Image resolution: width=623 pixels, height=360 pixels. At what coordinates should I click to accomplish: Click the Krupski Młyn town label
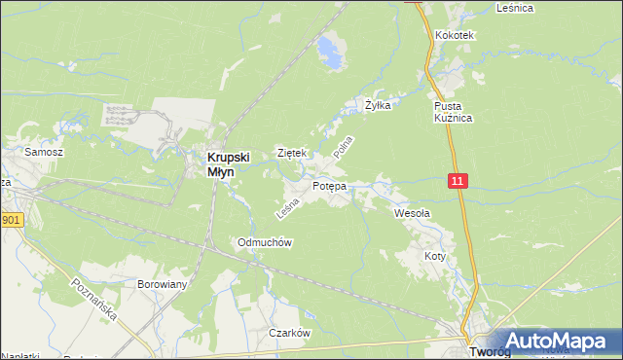[x=228, y=163]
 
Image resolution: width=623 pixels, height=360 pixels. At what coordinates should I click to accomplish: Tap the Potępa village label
[x=329, y=185]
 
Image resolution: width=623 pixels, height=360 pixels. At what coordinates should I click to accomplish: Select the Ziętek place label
[x=292, y=153]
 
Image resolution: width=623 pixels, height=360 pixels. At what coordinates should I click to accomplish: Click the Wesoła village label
[x=412, y=212]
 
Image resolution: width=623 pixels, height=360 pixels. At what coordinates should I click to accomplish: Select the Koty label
[x=434, y=256]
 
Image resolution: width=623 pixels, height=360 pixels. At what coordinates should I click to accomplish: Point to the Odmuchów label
[x=265, y=242]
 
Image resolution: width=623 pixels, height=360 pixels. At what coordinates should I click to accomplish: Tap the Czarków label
[x=289, y=332]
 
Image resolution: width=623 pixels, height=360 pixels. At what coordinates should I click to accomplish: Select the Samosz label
[x=44, y=153]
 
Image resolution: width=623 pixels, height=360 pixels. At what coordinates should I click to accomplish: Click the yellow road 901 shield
[x=10, y=220]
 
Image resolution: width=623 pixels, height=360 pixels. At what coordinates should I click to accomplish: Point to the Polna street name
[x=342, y=148]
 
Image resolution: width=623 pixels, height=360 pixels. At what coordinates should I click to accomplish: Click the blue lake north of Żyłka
[x=331, y=50]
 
